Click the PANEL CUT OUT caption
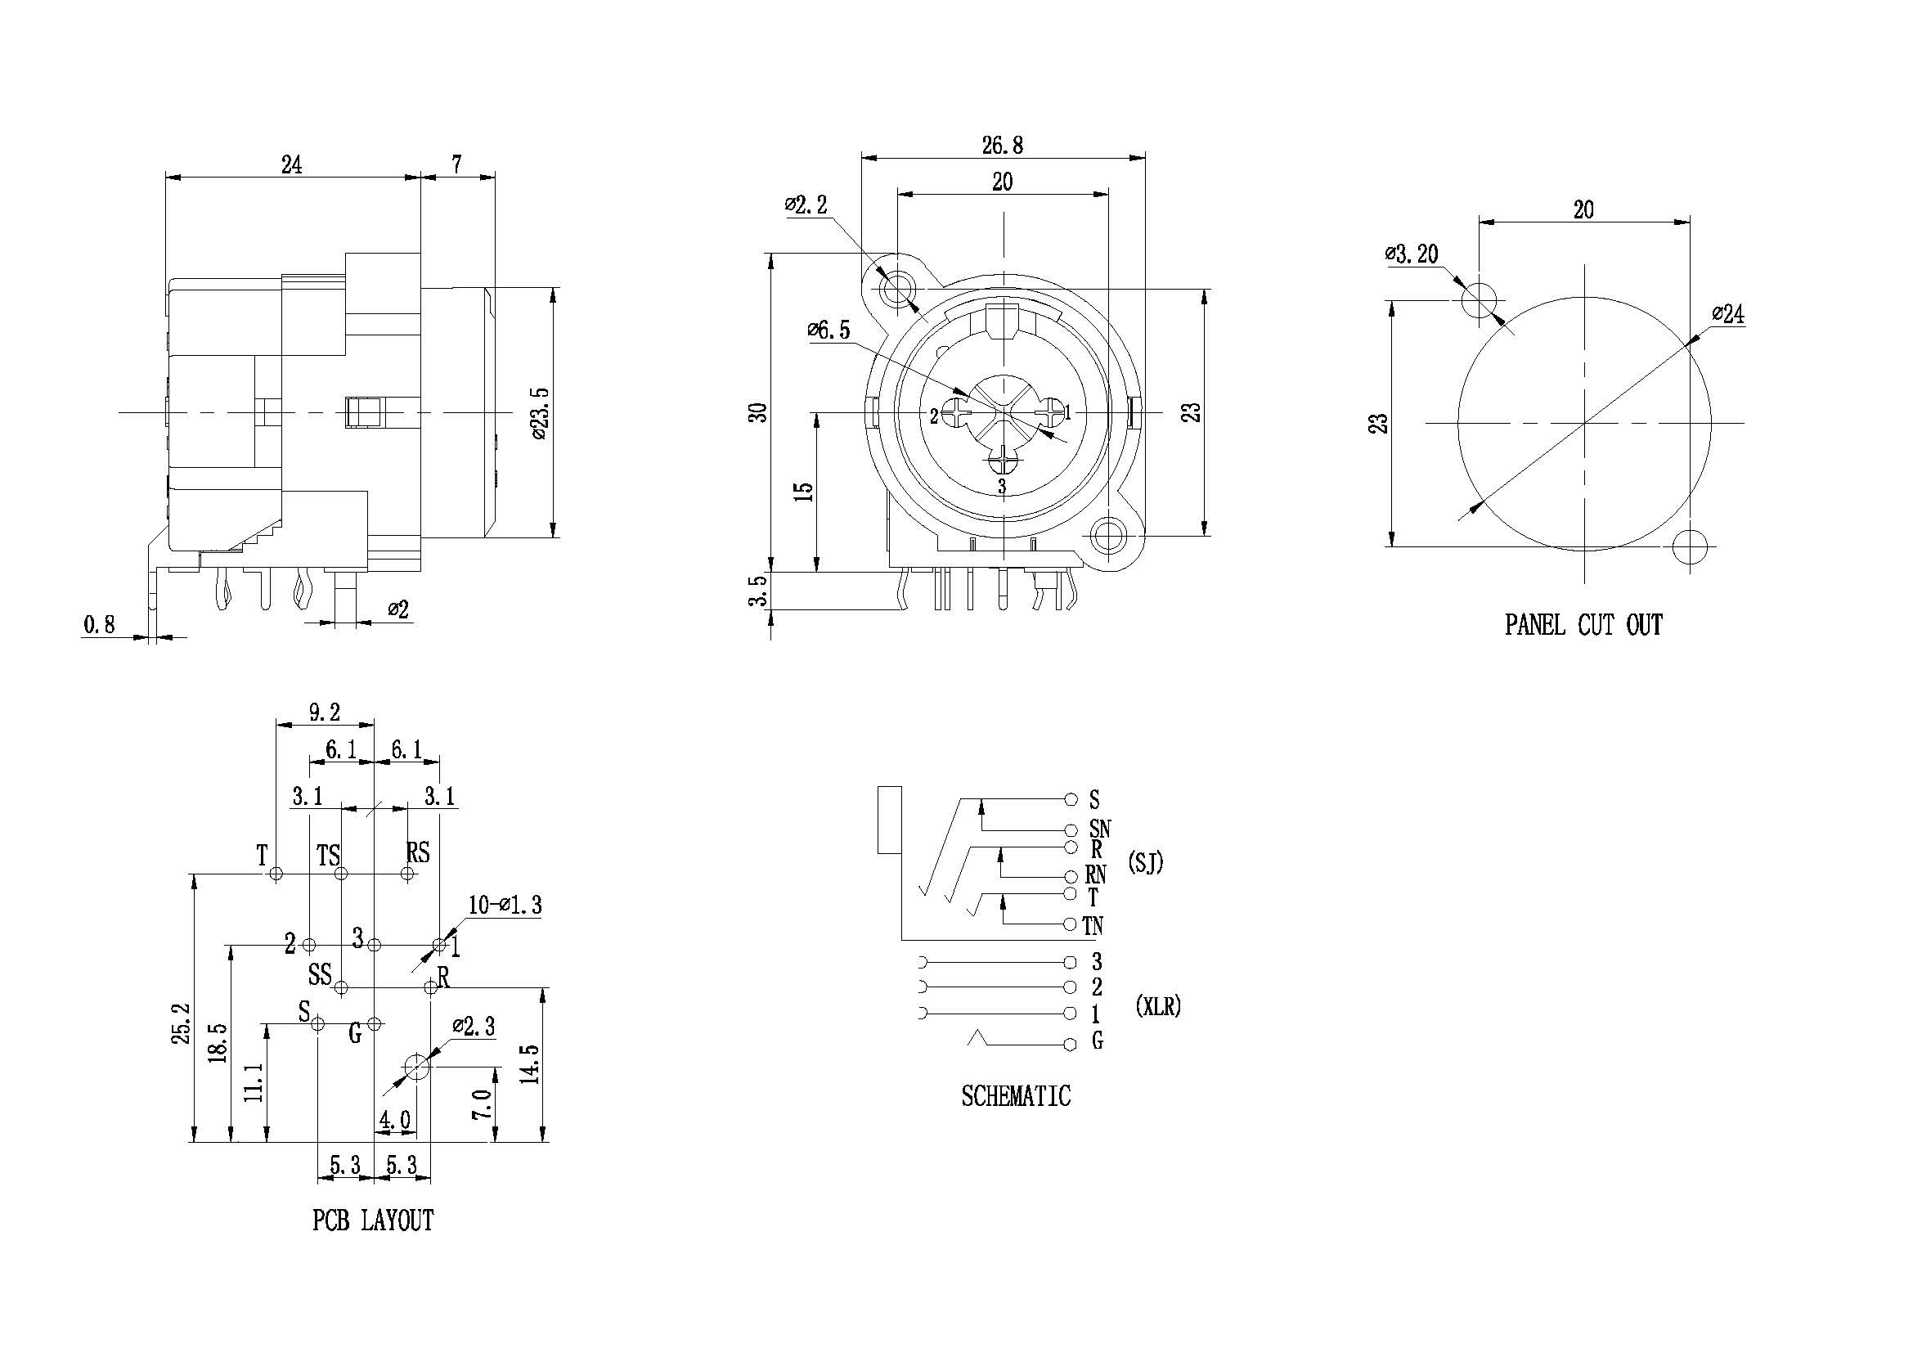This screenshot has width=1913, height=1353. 1583,625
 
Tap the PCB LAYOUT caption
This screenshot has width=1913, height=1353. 373,1220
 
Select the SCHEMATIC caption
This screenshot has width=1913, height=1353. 1016,1095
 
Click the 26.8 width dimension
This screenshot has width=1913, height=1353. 1003,146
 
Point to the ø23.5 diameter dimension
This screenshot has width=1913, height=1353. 540,413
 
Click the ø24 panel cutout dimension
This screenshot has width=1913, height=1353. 1728,314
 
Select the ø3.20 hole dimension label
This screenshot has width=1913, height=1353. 1412,254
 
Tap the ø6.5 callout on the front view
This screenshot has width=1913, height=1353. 829,330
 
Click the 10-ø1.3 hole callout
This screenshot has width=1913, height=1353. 505,905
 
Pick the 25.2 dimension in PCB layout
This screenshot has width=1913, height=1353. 182,1023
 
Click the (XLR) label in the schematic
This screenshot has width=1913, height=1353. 1158,1006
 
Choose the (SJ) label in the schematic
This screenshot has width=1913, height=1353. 1146,863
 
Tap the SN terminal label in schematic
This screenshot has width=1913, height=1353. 1100,829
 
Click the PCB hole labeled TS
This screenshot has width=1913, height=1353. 341,874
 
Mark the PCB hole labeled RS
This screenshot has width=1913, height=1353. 407,874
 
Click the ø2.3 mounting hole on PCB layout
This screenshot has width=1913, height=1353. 415,1066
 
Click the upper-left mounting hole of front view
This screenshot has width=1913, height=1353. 896,289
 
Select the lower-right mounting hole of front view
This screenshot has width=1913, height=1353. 1108,535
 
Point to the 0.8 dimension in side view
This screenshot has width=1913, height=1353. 99,624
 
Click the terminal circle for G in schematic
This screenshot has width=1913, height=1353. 1071,1044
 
